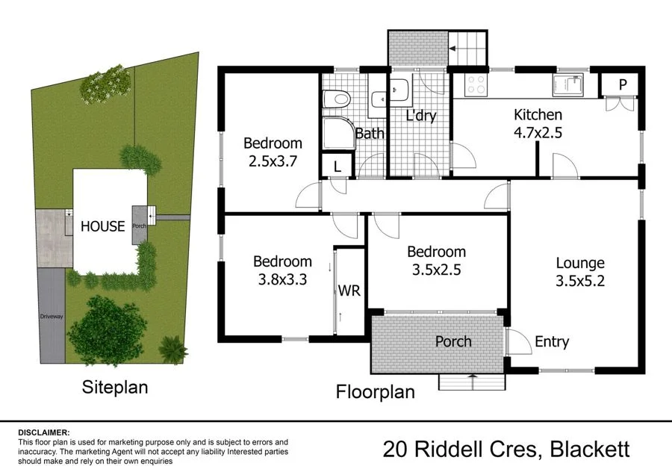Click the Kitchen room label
538,115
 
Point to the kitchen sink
570,85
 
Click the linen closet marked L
337,167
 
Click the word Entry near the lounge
552,342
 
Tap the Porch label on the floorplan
453,341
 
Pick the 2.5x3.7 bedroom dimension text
273,161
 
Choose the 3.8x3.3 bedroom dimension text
282,279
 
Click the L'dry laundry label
420,116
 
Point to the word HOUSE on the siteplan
102,226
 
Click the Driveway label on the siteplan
52,317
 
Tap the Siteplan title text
114,387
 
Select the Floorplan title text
375,391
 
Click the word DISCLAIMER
43,432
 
